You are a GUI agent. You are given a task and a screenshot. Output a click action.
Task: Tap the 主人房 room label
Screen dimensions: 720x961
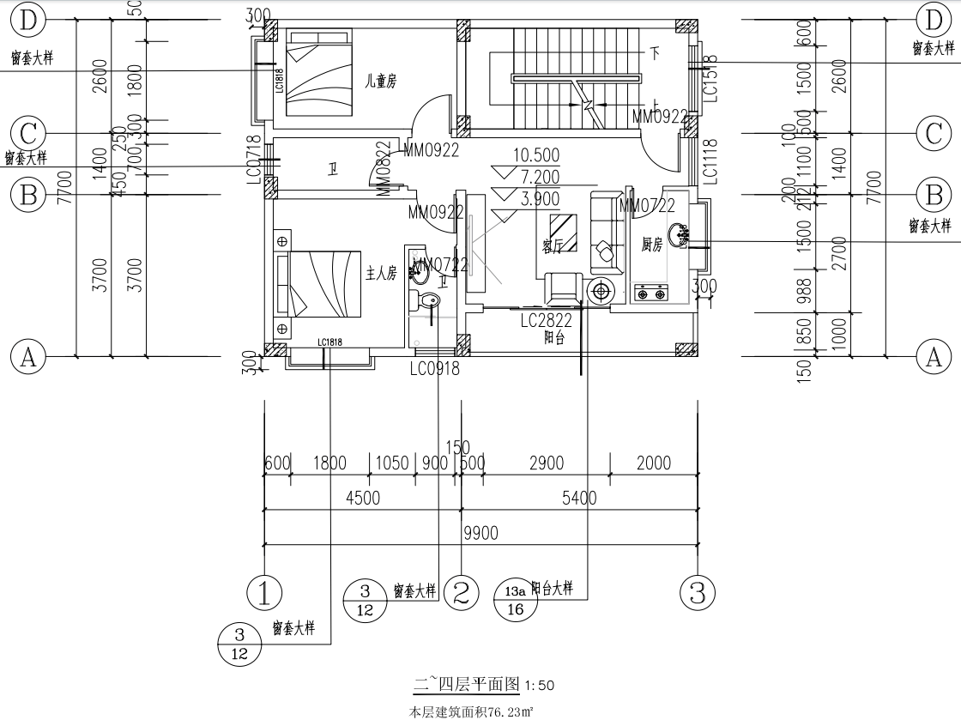[381, 274]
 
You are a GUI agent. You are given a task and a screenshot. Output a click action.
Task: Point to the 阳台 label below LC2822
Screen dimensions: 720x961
[554, 337]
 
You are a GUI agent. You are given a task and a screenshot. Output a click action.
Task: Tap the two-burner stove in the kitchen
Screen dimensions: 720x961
[650, 294]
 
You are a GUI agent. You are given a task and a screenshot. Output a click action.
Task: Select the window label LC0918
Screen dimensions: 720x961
[434, 369]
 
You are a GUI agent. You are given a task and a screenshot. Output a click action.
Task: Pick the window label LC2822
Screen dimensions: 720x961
[547, 321]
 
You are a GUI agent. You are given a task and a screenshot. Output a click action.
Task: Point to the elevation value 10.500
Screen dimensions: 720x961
[535, 155]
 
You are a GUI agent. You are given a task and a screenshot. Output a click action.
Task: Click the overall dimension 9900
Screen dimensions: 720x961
[480, 534]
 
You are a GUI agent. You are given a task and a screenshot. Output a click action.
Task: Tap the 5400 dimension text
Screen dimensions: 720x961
[579, 499]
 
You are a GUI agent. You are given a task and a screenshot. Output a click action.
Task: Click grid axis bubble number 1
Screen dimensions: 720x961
[264, 592]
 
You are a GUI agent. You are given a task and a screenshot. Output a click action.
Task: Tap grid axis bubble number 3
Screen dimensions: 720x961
[697, 592]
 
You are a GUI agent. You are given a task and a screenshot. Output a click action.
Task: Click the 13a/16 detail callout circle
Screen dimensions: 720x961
[516, 600]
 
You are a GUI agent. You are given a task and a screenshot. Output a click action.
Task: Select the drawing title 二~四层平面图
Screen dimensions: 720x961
[468, 684]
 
